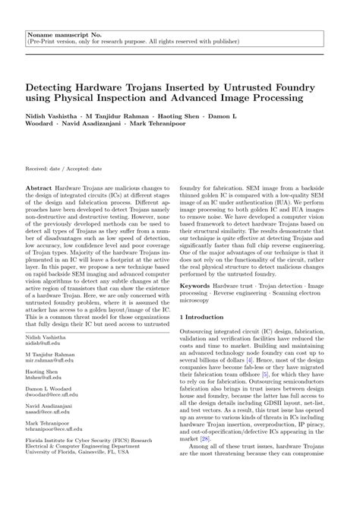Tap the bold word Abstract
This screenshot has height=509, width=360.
[39, 186]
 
